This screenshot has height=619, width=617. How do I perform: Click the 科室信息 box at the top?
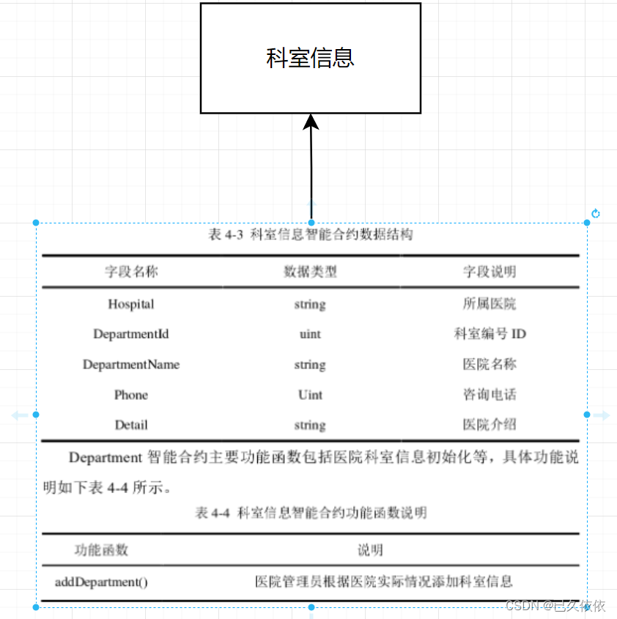[x=311, y=58]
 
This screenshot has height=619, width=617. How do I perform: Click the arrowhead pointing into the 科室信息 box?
[x=311, y=122]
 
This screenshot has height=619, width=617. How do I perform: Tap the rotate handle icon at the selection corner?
[x=596, y=214]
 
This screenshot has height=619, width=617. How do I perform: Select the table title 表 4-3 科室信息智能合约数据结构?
[x=311, y=235]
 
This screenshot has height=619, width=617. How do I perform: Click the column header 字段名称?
[x=131, y=272]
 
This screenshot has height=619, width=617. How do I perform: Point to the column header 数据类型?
[x=310, y=272]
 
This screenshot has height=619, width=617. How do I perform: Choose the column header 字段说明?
[x=489, y=272]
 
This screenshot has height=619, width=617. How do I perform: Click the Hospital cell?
[x=131, y=304]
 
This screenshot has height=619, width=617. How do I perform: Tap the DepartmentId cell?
[x=131, y=334]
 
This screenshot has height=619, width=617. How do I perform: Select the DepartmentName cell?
[x=131, y=365]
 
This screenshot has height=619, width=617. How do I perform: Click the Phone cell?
[x=131, y=395]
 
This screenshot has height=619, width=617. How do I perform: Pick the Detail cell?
[x=131, y=425]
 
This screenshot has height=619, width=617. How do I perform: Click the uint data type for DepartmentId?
[x=310, y=334]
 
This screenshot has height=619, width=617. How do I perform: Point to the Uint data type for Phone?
[x=310, y=395]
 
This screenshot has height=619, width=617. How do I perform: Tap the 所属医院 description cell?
[x=489, y=304]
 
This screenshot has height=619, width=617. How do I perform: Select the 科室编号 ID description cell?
[x=489, y=334]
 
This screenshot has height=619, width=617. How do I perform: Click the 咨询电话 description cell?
[x=489, y=395]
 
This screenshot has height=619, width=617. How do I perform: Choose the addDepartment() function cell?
[x=101, y=582]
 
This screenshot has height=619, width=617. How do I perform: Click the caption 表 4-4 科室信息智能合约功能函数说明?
[x=311, y=513]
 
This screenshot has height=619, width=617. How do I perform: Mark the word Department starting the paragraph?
[x=105, y=459]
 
